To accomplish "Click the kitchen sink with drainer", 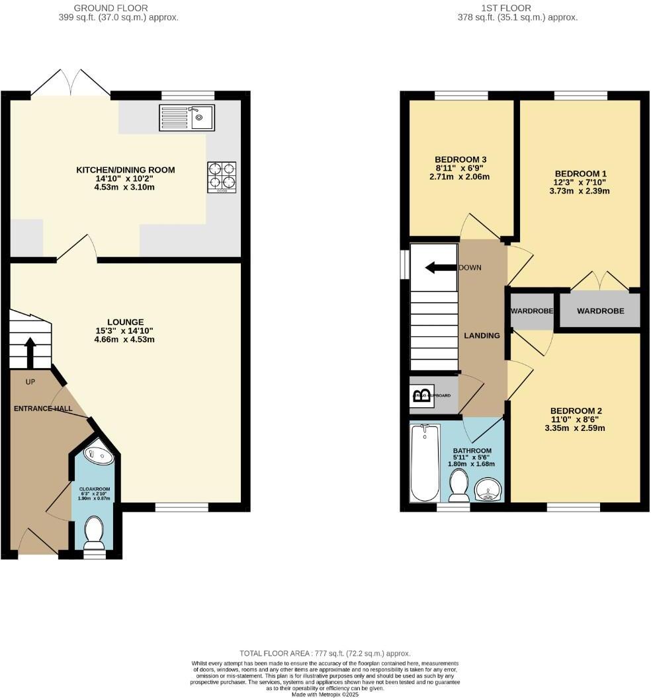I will click(x=187, y=118).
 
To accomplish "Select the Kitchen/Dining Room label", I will click(x=126, y=171).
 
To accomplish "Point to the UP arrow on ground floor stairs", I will click(x=30, y=354).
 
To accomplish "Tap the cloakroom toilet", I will click(x=95, y=533).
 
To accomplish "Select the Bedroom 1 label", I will click(x=573, y=174).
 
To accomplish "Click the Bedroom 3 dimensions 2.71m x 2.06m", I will click(x=462, y=177).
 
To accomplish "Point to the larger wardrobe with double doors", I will click(x=600, y=310).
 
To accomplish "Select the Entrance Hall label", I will click(x=43, y=409).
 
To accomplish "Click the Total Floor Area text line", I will click(x=325, y=653).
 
